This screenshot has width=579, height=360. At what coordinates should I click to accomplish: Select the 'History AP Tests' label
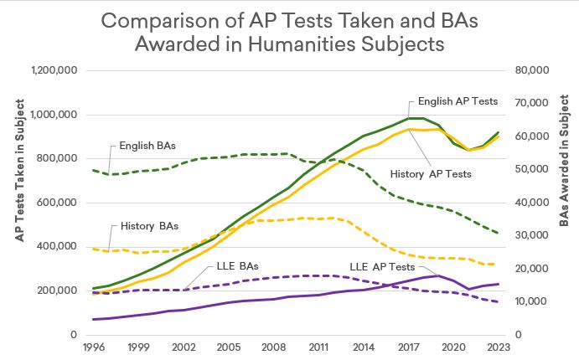(x=431, y=174)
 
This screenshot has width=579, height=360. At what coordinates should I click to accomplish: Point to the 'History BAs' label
(x=148, y=226)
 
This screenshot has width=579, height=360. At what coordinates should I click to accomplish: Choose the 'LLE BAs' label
(x=236, y=266)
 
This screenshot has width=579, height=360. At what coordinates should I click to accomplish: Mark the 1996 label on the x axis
(x=93, y=345)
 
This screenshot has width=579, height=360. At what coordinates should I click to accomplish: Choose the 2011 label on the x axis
(x=318, y=345)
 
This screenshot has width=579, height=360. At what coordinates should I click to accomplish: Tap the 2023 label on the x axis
(x=499, y=345)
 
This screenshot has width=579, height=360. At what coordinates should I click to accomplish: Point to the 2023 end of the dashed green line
(x=499, y=233)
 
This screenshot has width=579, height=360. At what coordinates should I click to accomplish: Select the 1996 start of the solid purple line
(x=93, y=319)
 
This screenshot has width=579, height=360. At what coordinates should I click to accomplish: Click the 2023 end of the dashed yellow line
(x=499, y=265)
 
